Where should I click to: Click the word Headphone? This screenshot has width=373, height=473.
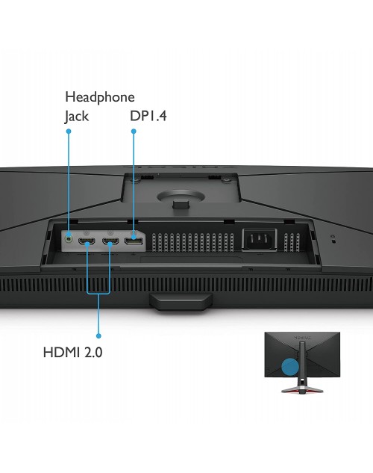coord(100,98)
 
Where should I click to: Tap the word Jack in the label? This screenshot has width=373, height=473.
coord(77,117)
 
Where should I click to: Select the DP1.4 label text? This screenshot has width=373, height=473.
coord(148,116)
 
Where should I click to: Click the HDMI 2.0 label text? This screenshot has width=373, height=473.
coord(72,353)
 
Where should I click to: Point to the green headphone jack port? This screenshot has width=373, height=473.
coord(69,238)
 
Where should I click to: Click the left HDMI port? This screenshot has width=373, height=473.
coord(87,241)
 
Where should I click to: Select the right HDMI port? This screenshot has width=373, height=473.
coord(110,241)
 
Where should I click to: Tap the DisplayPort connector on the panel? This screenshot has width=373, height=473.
coord(134,241)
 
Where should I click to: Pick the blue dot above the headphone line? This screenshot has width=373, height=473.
coord(69,132)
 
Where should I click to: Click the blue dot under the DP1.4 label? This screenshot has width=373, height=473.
coord(134,132)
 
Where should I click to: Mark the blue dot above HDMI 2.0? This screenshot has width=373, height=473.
coord(98,336)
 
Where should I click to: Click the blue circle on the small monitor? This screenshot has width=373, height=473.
coord(290,367)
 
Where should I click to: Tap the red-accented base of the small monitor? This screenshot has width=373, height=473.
coord(302,389)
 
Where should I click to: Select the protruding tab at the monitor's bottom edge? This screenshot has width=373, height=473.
coord(181,302)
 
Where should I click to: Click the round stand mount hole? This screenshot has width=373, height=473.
coord(181,197)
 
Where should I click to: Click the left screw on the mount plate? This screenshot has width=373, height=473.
coord(135,180)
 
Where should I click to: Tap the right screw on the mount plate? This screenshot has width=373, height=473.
coord(225,180)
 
